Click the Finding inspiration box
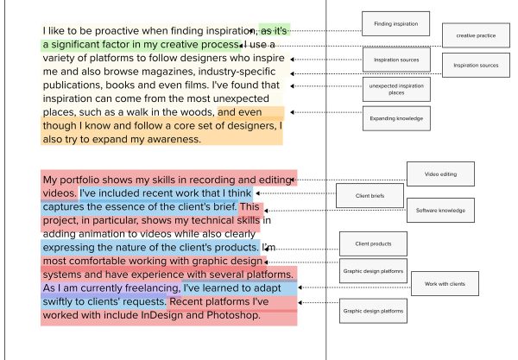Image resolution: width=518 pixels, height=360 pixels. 395,24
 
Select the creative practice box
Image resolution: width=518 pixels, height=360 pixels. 476,35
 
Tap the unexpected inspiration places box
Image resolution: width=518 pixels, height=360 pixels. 396,89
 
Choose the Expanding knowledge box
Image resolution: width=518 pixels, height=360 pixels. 396,118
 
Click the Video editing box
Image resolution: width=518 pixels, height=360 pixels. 440,174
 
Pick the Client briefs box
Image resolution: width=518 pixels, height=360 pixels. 370,195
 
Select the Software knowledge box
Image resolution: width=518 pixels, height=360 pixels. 440,211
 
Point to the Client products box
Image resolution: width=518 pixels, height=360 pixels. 373,243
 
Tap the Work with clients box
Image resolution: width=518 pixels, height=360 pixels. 445,284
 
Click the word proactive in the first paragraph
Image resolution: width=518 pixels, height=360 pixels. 117,31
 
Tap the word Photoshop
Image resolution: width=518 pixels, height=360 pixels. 234,315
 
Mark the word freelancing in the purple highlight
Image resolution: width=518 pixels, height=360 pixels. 153,288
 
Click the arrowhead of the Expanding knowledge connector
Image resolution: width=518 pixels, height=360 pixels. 293,112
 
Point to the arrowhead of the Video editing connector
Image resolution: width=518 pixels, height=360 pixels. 293,180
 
